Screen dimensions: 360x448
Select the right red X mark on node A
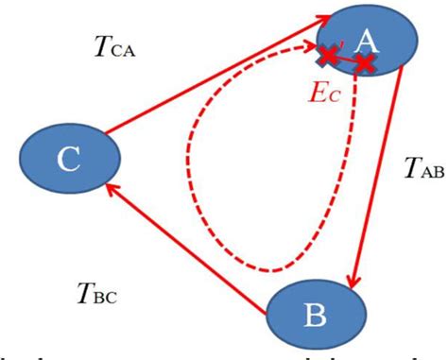[363, 63]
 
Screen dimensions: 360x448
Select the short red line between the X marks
[347, 60]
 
